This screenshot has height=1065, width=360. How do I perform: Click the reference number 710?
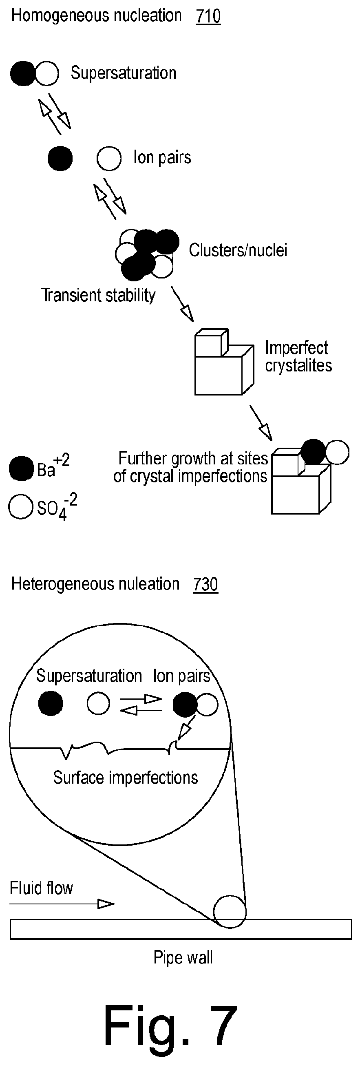click(x=208, y=16)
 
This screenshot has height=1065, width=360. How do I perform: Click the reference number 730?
click(x=206, y=584)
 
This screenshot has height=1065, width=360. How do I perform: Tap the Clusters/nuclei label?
click(x=238, y=250)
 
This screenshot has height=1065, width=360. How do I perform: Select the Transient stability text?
click(x=98, y=295)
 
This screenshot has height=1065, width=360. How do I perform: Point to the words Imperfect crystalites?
click(x=298, y=356)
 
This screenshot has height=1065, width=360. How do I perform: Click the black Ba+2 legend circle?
click(x=21, y=468)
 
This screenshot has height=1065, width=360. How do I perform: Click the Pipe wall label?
click(x=183, y=957)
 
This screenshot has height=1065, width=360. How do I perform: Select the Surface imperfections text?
click(x=126, y=778)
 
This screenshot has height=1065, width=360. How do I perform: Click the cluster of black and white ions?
click(x=147, y=254)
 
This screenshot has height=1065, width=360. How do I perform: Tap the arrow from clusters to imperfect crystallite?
click(x=182, y=303)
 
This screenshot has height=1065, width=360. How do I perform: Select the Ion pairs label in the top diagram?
click(x=162, y=157)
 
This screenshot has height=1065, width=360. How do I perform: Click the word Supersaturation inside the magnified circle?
click(x=89, y=676)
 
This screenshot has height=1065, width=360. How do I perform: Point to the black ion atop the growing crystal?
click(x=313, y=452)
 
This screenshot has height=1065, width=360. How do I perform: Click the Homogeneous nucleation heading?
click(x=96, y=15)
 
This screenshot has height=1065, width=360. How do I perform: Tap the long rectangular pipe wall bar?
click(x=181, y=929)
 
